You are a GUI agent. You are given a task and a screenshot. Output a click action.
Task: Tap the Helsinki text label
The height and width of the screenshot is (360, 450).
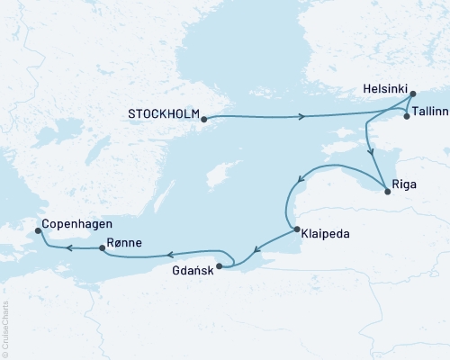382,92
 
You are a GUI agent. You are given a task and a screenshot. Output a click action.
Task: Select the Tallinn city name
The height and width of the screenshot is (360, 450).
430,116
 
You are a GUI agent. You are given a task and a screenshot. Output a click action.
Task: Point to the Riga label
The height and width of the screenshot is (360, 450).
405,189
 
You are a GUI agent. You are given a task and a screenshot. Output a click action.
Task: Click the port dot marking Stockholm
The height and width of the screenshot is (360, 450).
204,118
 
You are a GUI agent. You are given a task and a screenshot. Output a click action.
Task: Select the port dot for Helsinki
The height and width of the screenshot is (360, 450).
412,94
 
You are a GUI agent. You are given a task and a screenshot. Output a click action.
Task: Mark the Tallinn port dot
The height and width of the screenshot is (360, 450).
407,116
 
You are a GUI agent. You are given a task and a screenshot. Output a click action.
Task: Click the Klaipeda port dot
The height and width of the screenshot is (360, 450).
297,231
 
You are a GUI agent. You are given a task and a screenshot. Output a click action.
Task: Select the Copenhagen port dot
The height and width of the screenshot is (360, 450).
37,231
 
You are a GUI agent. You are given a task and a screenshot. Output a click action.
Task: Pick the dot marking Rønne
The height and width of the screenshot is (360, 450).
101,247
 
